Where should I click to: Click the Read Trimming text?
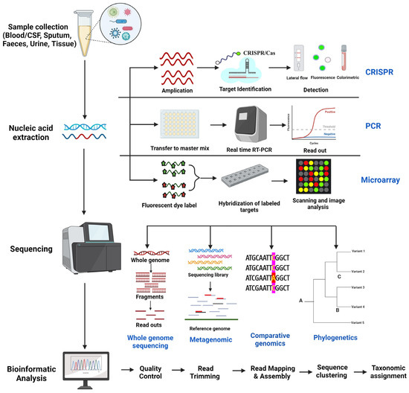[x=203, y=371]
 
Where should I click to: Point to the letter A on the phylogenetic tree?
[x=302, y=300]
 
